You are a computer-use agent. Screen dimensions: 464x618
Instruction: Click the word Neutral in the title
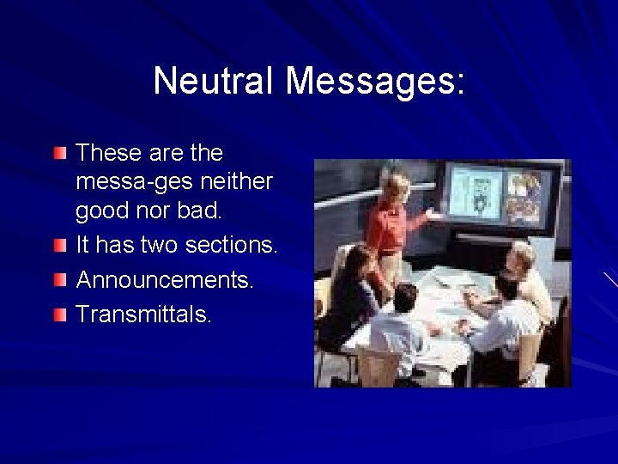pyautogui.click(x=214, y=82)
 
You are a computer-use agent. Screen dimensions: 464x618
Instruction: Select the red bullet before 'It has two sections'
pyautogui.click(x=58, y=247)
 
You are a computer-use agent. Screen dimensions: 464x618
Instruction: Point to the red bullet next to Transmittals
pyautogui.click(x=58, y=315)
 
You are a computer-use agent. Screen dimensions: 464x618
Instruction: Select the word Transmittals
pyautogui.click(x=142, y=314)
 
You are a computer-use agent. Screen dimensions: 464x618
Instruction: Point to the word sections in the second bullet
pyautogui.click(x=233, y=245)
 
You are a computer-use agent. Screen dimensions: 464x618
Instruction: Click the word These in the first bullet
pyautogui.click(x=107, y=153)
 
